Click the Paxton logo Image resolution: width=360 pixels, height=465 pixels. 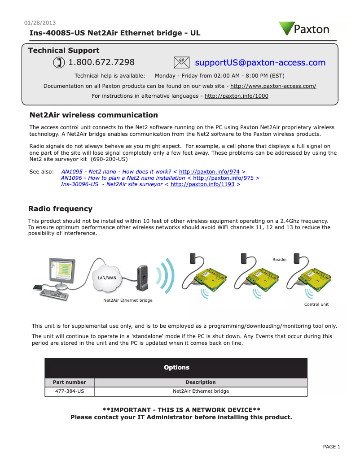(x=304, y=29)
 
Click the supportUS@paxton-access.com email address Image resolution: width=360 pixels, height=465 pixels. (x=260, y=63)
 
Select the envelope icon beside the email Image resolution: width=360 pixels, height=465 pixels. (x=181, y=62)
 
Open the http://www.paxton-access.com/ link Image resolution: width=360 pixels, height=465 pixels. (x=273, y=86)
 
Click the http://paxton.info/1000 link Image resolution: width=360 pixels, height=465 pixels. (x=236, y=96)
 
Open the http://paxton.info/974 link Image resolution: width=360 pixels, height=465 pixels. (x=209, y=172)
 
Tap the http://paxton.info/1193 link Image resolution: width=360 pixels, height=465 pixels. (x=202, y=184)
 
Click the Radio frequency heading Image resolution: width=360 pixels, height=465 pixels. (x=60, y=209)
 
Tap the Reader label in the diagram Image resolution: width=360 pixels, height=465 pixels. (x=280, y=260)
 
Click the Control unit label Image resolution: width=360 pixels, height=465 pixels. (x=316, y=304)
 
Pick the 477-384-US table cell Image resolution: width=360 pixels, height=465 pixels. (x=69, y=391)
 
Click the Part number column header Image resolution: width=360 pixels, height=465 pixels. (x=69, y=382)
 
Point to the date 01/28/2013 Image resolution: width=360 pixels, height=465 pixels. (x=40, y=23)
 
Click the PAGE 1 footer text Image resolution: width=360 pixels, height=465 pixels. (x=332, y=447)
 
